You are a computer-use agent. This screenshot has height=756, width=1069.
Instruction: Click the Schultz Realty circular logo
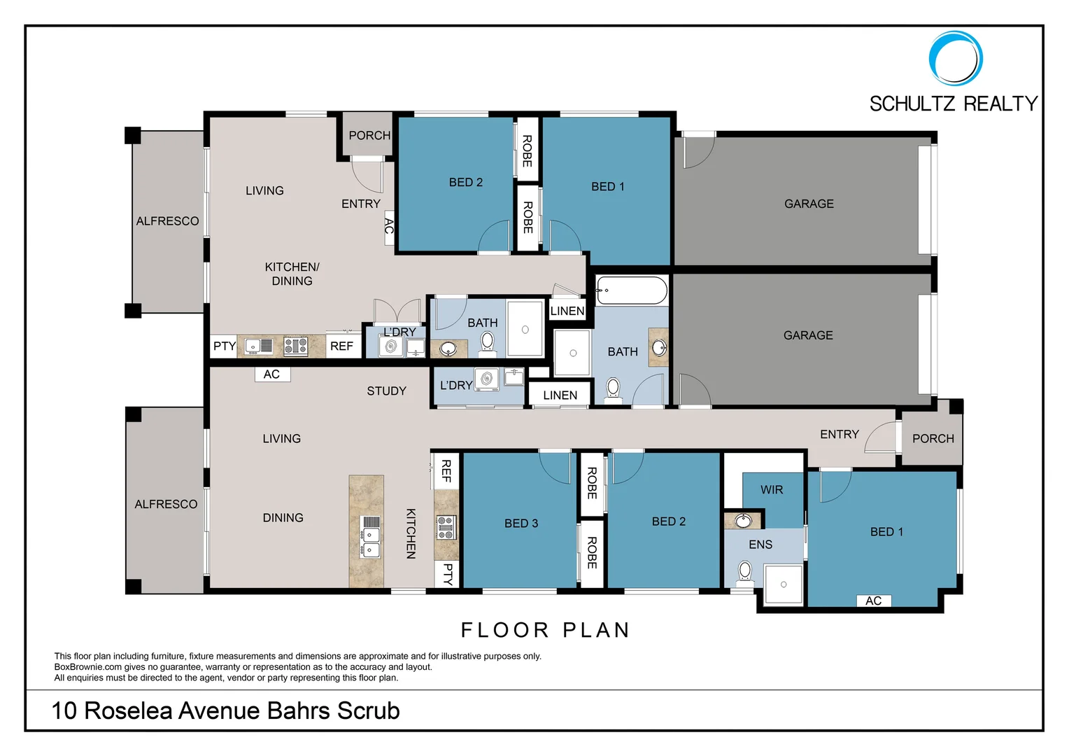(x=956, y=58)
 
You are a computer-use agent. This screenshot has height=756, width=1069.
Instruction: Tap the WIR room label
(x=772, y=490)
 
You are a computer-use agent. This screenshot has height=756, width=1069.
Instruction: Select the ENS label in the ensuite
(x=760, y=545)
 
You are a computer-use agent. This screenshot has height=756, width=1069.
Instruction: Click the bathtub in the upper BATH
(x=632, y=290)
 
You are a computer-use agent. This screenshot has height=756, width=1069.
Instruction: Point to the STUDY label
(x=386, y=391)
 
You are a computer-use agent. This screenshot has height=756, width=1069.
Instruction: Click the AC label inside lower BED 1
(x=873, y=601)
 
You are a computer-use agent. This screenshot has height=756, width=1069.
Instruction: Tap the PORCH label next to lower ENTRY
(x=933, y=439)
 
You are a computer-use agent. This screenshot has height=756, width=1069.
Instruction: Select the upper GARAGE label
(x=809, y=204)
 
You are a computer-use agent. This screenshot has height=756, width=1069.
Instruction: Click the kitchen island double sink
(x=371, y=542)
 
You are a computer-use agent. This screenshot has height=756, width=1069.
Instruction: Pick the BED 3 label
(x=521, y=524)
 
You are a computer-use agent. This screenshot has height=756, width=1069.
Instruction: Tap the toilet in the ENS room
(x=745, y=571)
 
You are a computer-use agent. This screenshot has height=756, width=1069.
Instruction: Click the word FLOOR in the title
(x=504, y=630)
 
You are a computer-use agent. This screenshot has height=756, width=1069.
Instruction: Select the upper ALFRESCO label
(x=167, y=221)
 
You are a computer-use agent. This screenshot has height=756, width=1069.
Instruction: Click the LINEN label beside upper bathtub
(x=567, y=311)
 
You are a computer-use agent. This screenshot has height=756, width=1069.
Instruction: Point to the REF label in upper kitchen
(x=341, y=346)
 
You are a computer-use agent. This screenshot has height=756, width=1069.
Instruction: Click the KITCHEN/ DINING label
(x=292, y=274)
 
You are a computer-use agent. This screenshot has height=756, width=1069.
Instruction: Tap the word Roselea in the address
(x=129, y=710)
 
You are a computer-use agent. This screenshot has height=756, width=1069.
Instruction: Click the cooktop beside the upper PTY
(x=296, y=346)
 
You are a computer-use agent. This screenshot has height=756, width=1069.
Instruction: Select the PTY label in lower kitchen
(x=448, y=574)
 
